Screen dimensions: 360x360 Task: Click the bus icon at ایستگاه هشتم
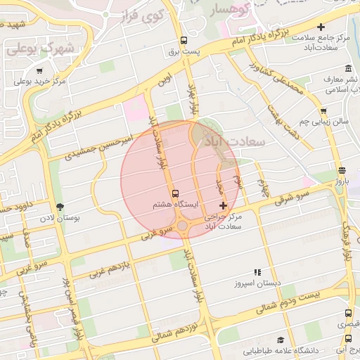pos(175,193)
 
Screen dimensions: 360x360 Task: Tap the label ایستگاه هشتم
pos(176,205)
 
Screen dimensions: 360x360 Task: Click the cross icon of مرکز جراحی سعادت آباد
pos(224,205)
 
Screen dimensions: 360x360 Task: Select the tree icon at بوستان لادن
pos(60,207)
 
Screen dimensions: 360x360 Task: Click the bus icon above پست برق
pos(184,40)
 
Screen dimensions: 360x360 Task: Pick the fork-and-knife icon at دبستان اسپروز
pos(257,272)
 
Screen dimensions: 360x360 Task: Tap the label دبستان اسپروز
pos(257,283)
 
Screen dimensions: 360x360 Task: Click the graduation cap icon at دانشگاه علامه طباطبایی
pos(281,340)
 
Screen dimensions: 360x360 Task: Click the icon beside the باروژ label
pos(342,170)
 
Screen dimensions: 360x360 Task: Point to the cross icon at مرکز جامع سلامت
pos(321,27)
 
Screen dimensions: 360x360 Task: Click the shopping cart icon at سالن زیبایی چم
pos(323,110)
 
